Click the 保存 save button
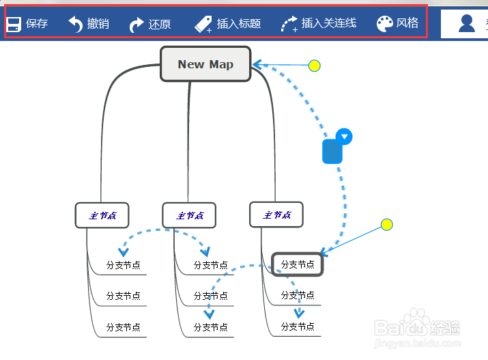point(27,24)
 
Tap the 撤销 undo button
point(88,24)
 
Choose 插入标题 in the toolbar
point(227,24)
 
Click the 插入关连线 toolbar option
point(318,24)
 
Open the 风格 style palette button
point(397,24)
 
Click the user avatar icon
point(467,23)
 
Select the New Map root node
point(205,64)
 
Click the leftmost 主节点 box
point(102,215)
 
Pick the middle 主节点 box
point(189,215)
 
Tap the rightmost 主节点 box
point(276,215)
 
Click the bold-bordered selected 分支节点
point(298,264)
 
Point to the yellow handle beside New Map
point(314,66)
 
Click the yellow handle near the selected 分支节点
point(386,225)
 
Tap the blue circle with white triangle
point(345,137)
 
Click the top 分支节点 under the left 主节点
point(123,265)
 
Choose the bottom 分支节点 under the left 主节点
point(123,327)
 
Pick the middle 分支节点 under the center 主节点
point(210,296)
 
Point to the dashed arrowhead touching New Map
point(257,65)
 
